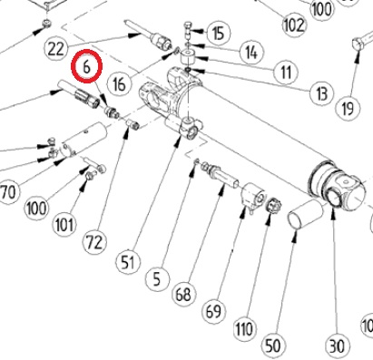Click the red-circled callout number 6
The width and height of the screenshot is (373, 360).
[x=86, y=66]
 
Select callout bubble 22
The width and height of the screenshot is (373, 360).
[x=56, y=48]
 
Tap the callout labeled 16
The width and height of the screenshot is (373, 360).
[x=119, y=83]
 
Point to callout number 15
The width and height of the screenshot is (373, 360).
[x=219, y=33]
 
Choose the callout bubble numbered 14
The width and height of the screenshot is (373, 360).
[x=251, y=53]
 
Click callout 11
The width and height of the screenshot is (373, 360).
[x=286, y=73]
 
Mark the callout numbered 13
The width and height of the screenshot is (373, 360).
[x=322, y=92]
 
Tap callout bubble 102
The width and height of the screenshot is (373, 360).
[x=294, y=24]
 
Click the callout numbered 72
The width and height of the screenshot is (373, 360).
[x=94, y=242]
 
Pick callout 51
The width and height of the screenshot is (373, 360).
[x=128, y=261]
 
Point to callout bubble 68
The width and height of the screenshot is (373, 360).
[x=183, y=294]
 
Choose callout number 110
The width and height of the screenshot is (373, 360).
[x=244, y=329]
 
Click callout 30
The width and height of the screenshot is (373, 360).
[x=336, y=345]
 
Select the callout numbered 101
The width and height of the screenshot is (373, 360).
[x=64, y=225]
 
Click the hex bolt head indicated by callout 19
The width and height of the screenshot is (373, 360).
[x=358, y=44]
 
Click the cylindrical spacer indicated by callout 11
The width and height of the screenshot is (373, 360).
[x=189, y=57]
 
